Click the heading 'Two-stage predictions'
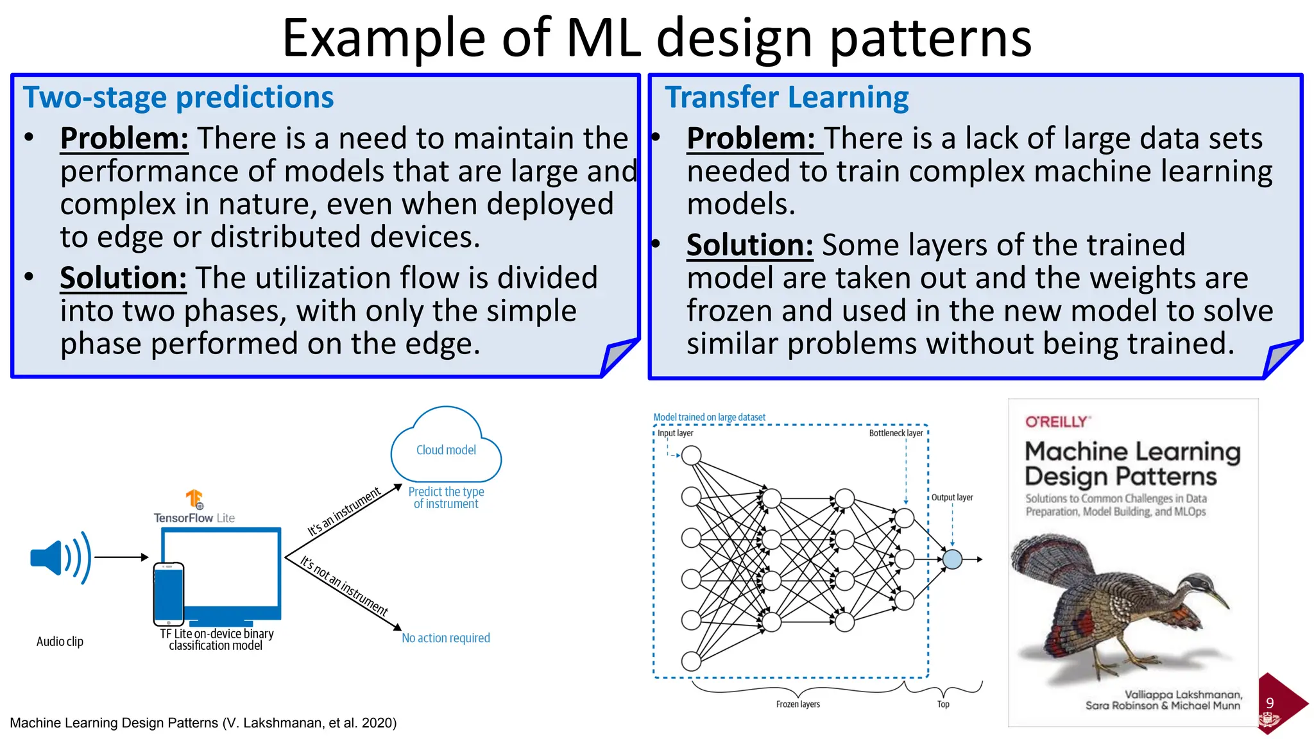tap(178, 98)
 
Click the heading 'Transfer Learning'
tap(787, 98)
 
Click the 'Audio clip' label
tap(60, 641)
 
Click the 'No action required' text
tap(446, 638)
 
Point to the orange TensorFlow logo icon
tap(194, 499)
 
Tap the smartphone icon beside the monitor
tap(169, 593)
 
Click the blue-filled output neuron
tap(952, 559)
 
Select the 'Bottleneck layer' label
tap(896, 433)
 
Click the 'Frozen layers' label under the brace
tap(798, 704)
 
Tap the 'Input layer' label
tap(675, 433)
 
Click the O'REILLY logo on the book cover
tap(1057, 422)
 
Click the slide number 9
tap(1270, 703)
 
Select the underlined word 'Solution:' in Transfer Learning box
tap(749, 245)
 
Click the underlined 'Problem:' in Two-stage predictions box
tap(124, 139)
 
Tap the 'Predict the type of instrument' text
tap(446, 498)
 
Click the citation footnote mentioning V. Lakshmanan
tap(203, 723)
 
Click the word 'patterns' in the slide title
tap(930, 38)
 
